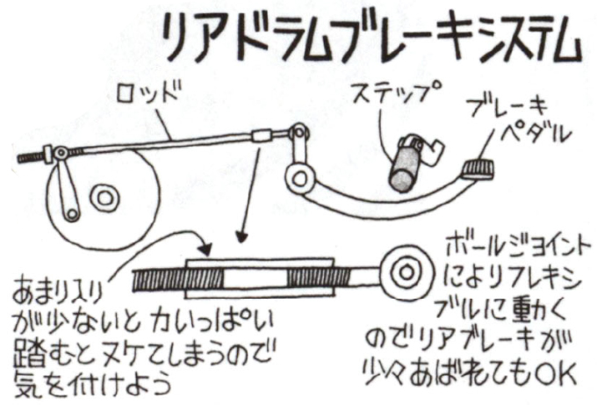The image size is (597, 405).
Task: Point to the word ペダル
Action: pos(536,133)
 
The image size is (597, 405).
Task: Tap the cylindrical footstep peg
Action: pos(404,169)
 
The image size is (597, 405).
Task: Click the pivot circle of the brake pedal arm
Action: pos(300,178)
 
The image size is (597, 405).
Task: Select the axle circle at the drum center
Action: pos(104,199)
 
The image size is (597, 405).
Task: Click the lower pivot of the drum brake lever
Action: pos(72,214)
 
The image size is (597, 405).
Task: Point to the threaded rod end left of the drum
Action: pos(31,157)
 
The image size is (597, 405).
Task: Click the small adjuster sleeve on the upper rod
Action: pos(262,135)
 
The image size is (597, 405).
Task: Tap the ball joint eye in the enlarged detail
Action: pos(406,272)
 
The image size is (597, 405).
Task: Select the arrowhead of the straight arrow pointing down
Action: pos(241,237)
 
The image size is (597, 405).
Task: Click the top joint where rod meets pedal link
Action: pos(299,132)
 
